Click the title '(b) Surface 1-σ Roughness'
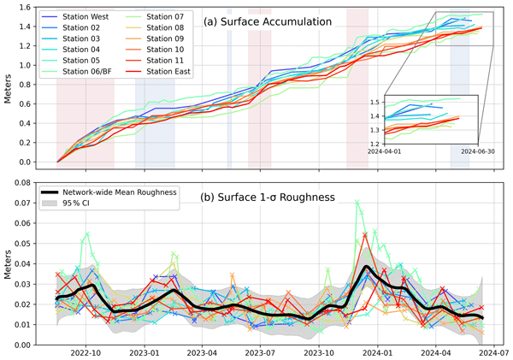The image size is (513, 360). click(262, 198)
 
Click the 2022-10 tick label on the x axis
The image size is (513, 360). click(86, 351)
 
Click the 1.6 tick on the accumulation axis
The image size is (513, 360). click(31, 7)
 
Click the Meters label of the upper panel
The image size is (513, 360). click(8, 85)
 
